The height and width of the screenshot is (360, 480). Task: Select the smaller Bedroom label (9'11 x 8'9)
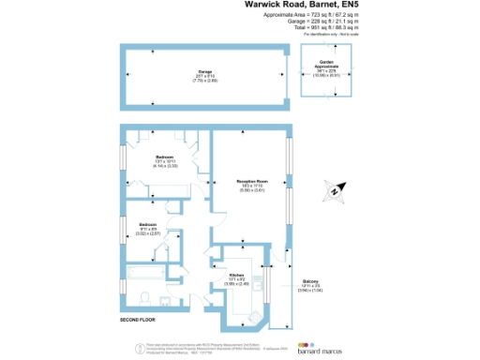coord(148,226)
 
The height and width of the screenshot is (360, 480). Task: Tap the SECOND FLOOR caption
coord(137,321)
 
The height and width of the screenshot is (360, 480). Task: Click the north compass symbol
coord(334,193)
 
